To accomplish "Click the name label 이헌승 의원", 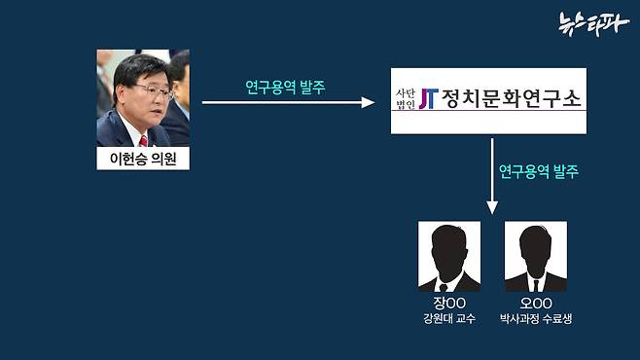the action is click(143, 159).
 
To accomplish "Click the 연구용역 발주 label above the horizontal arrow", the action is click(285, 86).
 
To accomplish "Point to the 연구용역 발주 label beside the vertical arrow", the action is click(538, 171).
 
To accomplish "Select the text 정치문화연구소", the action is click(508, 99).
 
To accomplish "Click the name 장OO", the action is click(449, 302).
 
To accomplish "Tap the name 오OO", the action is click(535, 302).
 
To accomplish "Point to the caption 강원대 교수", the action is click(449, 318).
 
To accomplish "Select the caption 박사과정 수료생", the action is click(535, 318).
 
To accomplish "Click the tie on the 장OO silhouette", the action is click(449, 285).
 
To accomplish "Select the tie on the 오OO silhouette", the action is click(535, 285).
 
